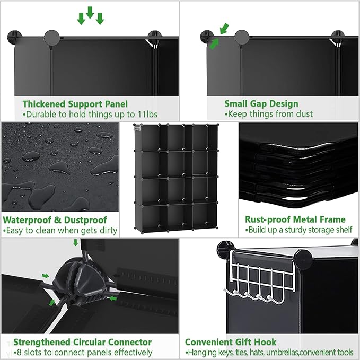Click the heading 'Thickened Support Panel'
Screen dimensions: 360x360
pos(75,104)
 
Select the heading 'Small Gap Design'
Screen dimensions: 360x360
pos(261,104)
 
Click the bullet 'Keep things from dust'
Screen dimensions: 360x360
pos(268,114)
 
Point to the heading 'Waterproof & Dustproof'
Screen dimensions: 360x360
pos(55,219)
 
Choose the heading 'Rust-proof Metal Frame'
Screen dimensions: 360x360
pos(295,219)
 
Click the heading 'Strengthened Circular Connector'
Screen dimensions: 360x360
pos(83,342)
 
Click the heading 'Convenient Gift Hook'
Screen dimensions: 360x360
pos(231,342)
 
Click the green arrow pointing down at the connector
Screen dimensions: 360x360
pos(76,242)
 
